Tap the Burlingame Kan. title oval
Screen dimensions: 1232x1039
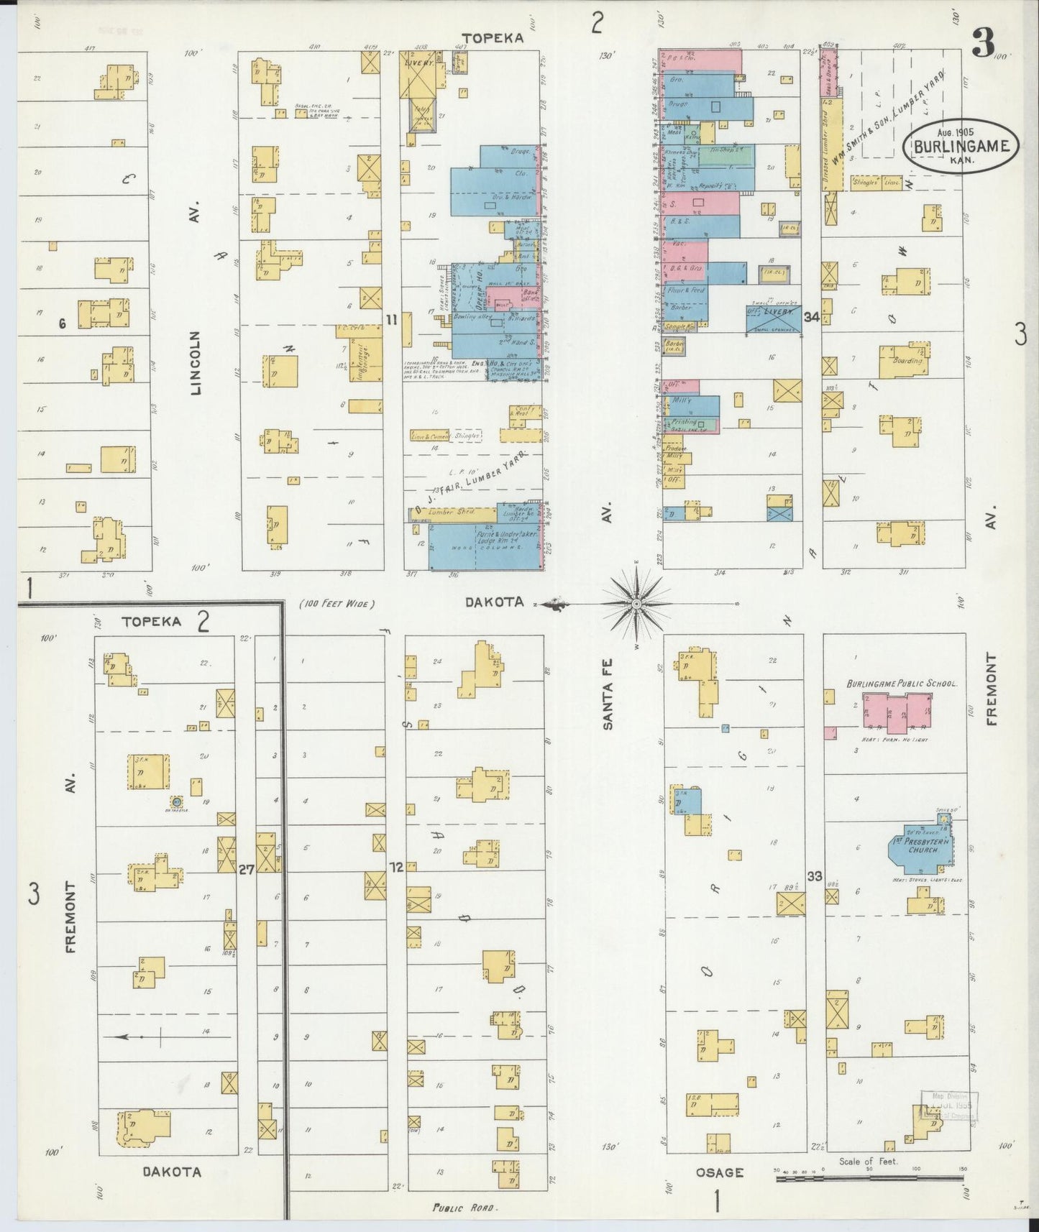[x=965, y=146]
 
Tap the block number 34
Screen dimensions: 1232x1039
[x=813, y=317]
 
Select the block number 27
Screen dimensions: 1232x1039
[x=246, y=869]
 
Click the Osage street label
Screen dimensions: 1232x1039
[x=719, y=1172]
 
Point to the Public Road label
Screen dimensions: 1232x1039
[x=465, y=1208]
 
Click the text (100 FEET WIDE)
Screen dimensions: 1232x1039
[x=337, y=604]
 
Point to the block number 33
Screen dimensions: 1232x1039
[x=815, y=876]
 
